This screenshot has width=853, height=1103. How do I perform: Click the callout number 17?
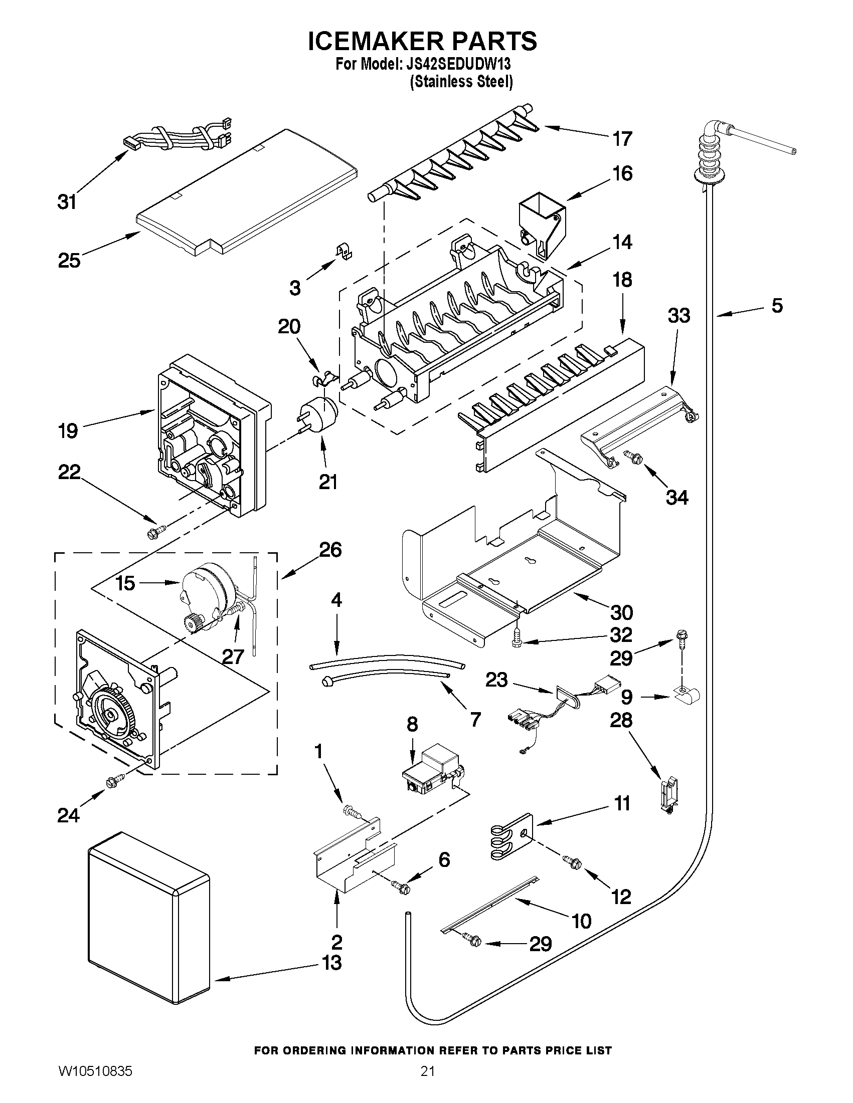(x=622, y=139)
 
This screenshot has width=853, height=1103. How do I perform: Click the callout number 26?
(x=330, y=549)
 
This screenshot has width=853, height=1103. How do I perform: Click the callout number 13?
(x=332, y=963)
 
